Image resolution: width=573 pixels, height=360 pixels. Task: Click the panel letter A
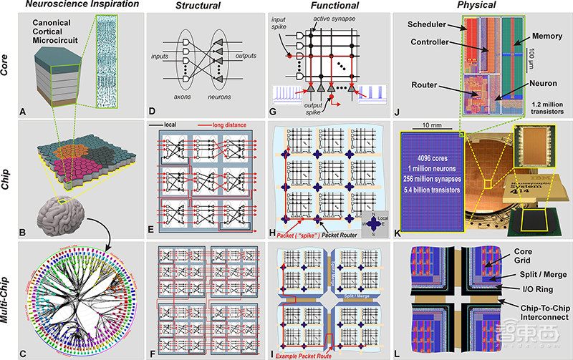click(x=24, y=111)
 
